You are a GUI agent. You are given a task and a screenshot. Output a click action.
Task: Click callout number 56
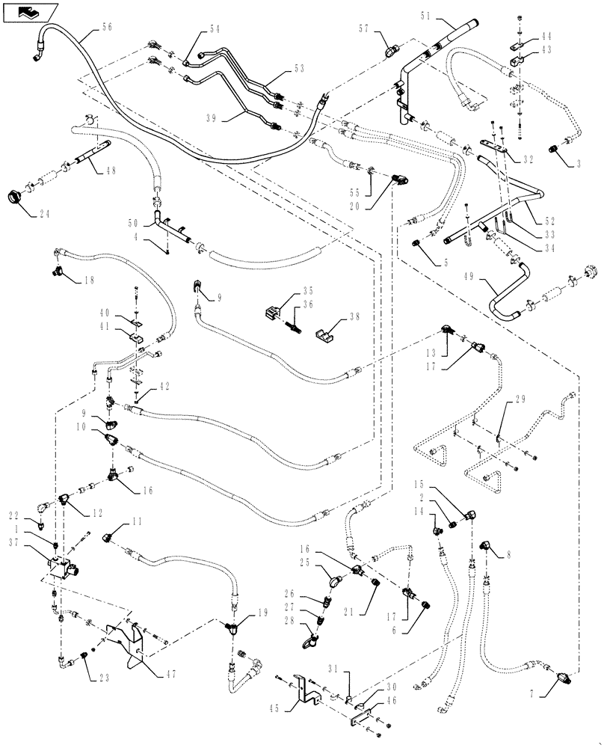click(x=107, y=25)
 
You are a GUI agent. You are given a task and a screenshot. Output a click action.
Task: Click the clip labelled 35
click(x=275, y=312)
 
